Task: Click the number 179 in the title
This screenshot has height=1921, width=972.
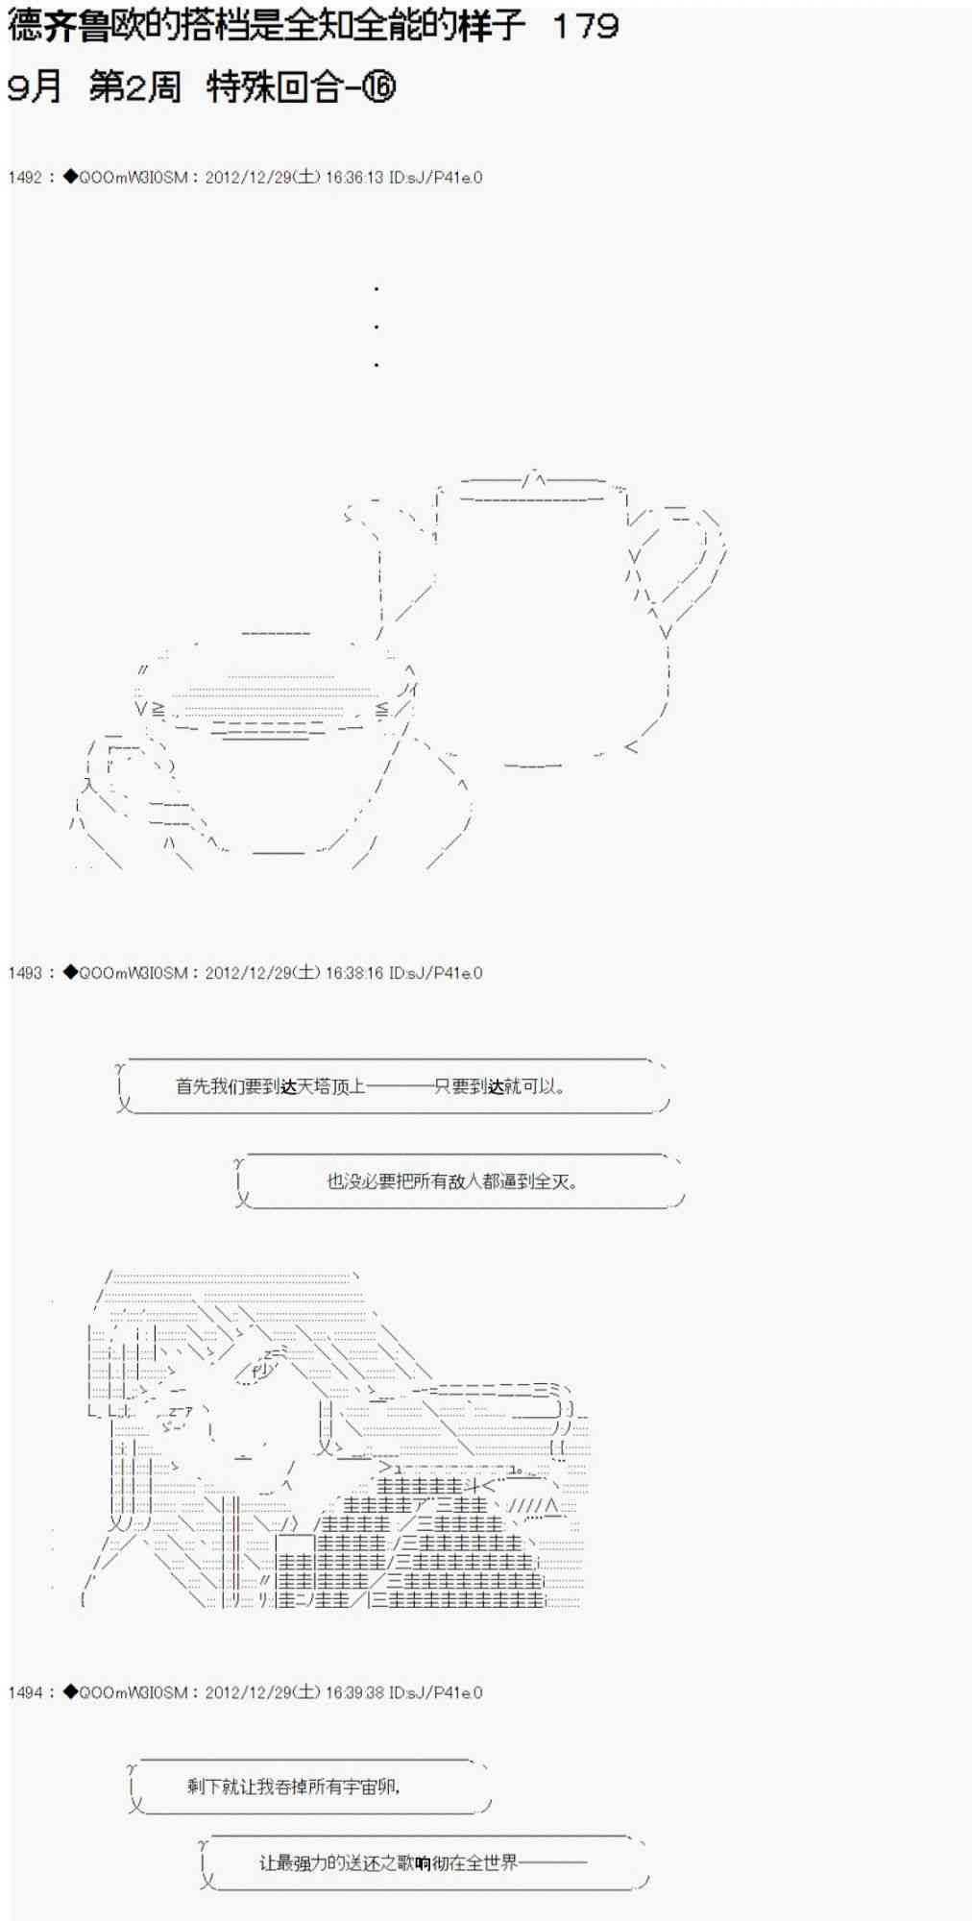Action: click(x=585, y=26)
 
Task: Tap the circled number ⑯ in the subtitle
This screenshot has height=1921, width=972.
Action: click(x=379, y=87)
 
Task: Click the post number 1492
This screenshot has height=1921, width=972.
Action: click(x=25, y=178)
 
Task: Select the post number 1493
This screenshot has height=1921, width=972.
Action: click(x=25, y=973)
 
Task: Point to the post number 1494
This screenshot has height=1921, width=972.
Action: click(x=25, y=1692)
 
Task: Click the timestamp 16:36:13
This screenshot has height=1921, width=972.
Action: click(x=354, y=178)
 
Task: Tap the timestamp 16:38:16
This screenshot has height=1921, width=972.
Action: click(x=354, y=973)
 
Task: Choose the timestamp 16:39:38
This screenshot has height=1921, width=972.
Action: click(x=354, y=1692)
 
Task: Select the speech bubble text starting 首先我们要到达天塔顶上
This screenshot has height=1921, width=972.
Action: click(x=371, y=1087)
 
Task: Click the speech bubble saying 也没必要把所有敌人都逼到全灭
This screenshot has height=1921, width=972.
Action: click(x=452, y=1181)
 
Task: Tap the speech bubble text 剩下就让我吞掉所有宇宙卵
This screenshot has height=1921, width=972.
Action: click(x=293, y=1787)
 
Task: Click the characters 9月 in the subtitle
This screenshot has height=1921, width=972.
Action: click(x=35, y=87)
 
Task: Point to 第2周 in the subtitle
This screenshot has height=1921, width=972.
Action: click(x=134, y=87)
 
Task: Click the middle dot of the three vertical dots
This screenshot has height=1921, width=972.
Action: click(x=377, y=327)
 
